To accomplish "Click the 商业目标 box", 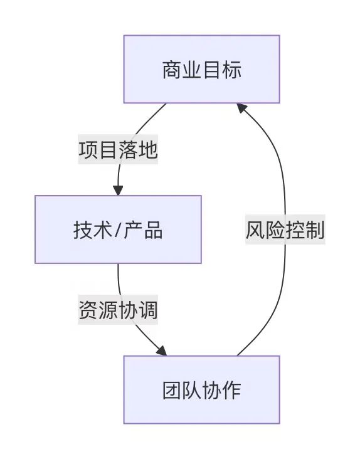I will pos(201,69).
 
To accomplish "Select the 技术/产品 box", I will pos(118,229).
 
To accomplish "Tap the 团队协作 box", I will pos(201,389).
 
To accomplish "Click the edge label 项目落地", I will pos(118,150).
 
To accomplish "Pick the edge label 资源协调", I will pos(118,310).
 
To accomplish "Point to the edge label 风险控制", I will pos(285,230).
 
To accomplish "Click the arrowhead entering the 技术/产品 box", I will pos(118,190).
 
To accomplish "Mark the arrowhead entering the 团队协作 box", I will pos(161,351).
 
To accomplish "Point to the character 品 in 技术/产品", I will pos(153,230).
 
